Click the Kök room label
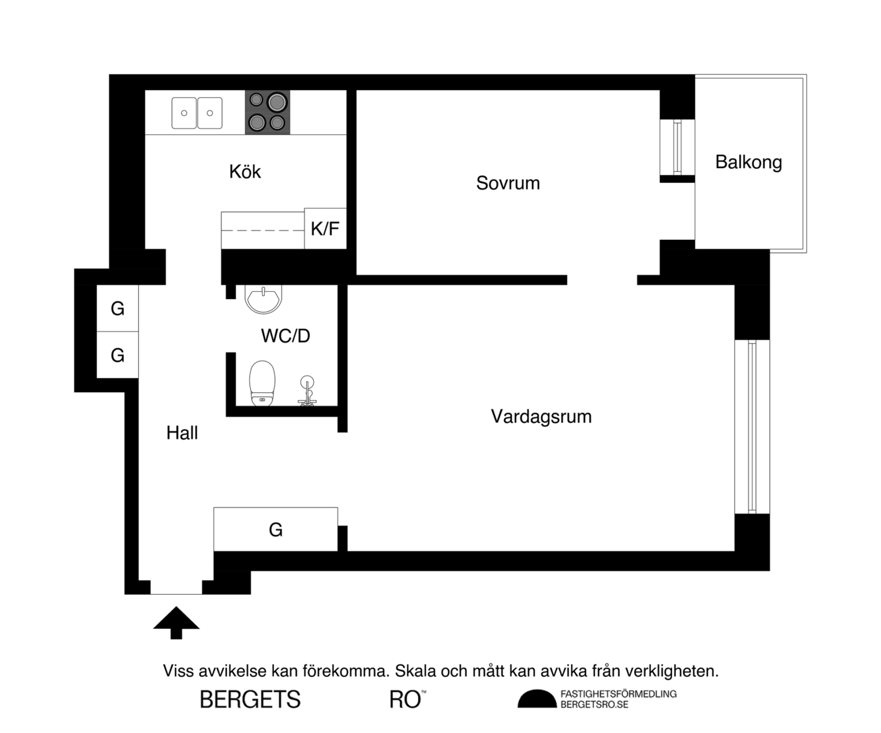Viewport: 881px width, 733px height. [x=245, y=172]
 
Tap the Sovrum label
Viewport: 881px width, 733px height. [x=508, y=183]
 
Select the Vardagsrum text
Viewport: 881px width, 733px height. [x=541, y=417]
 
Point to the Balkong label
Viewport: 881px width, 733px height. [x=749, y=162]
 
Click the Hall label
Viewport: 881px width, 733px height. [x=182, y=433]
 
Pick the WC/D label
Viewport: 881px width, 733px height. [x=286, y=336]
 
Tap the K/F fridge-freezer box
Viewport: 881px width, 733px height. [x=325, y=229]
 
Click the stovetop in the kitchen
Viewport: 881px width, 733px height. [x=268, y=112]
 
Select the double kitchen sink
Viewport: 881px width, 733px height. [x=197, y=113]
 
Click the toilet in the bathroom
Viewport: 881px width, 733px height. [x=262, y=383]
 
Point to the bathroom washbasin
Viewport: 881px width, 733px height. [x=263, y=299]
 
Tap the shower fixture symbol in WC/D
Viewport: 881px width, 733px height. [x=307, y=391]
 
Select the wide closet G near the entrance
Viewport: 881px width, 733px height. [x=276, y=529]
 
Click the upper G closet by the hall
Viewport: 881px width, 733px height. [x=118, y=308]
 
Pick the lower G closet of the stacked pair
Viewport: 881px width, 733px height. [x=118, y=355]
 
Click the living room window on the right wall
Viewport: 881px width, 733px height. [x=752, y=427]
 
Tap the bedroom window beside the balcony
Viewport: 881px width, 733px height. [x=677, y=147]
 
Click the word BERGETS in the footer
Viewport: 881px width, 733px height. [x=250, y=700]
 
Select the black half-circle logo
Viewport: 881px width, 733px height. [x=537, y=699]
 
